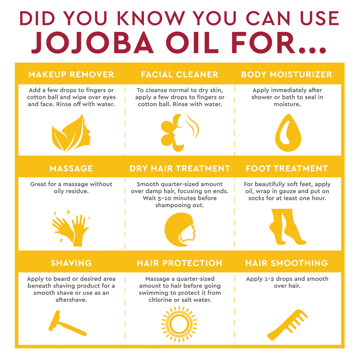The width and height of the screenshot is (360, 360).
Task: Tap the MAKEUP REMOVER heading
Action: [71, 75]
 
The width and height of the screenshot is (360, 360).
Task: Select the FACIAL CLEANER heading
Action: [180, 75]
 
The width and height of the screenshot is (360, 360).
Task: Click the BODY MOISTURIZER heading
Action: [287, 75]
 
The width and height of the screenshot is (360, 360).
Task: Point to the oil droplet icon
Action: [288, 133]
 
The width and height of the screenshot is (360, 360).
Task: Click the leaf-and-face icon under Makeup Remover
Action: [71, 133]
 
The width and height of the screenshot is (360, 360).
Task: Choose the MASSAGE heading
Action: [71, 168]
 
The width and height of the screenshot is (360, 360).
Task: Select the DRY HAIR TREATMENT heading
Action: [180, 168]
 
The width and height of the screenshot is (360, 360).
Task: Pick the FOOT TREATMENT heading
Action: [287, 168]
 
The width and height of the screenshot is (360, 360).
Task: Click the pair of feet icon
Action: [287, 227]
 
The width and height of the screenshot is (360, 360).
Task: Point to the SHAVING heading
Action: [71, 263]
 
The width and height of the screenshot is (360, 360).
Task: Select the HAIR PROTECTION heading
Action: [180, 263]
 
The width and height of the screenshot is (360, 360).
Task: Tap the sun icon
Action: [179, 324]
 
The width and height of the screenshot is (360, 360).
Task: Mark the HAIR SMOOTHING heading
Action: [287, 263]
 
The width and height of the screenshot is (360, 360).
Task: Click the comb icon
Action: [287, 325]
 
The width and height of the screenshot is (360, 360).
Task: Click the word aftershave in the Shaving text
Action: [71, 300]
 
